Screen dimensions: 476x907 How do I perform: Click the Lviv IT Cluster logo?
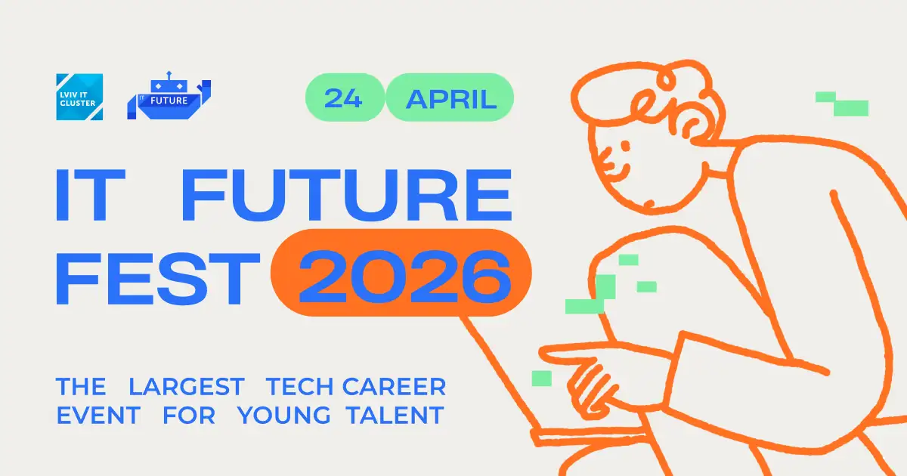pyautogui.click(x=79, y=97)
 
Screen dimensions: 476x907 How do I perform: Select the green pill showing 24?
pyautogui.click(x=344, y=98)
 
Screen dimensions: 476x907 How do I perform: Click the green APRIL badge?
pyautogui.click(x=450, y=98)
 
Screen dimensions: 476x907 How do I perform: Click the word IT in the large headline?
pyautogui.click(x=85, y=196)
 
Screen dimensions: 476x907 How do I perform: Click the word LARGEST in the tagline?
pyautogui.click(x=186, y=388)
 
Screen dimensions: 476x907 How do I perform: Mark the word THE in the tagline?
pyautogui.click(x=81, y=388)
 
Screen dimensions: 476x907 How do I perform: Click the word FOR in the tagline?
pyautogui.click(x=189, y=415)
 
